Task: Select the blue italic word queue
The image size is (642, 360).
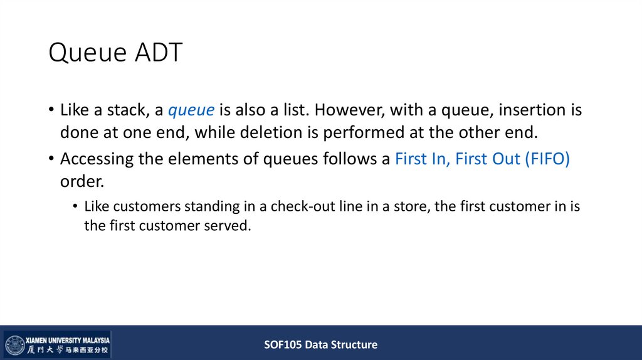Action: [x=191, y=110]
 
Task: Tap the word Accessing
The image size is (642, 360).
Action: [x=97, y=159]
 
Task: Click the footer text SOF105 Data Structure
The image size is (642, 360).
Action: [x=320, y=344]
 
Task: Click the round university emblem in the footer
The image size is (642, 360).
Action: [x=15, y=345]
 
